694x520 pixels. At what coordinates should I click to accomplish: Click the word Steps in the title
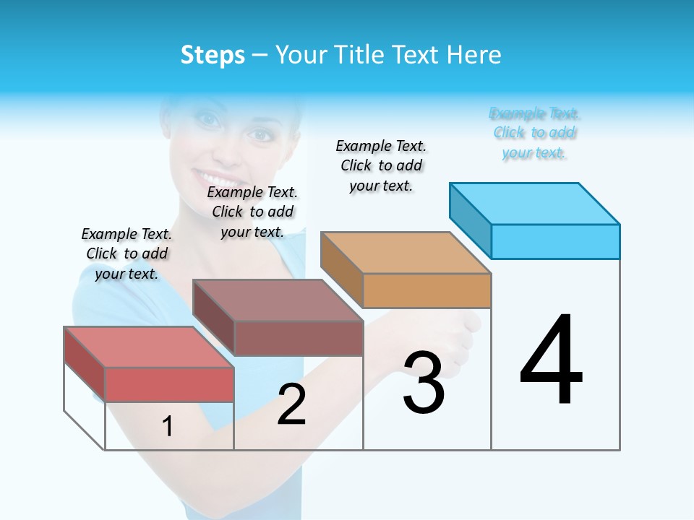(x=213, y=55)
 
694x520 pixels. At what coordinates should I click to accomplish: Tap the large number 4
(x=552, y=361)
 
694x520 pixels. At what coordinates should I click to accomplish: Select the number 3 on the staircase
(x=424, y=383)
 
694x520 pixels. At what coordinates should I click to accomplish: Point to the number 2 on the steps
(x=291, y=404)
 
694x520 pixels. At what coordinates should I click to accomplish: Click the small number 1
(x=168, y=427)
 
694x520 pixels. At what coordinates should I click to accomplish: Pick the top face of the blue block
(x=535, y=203)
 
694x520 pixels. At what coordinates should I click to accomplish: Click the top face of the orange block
(x=406, y=252)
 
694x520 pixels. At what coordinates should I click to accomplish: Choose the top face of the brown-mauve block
(x=278, y=300)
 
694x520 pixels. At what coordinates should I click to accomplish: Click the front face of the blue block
(x=555, y=241)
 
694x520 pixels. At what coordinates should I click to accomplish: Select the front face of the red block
(x=169, y=384)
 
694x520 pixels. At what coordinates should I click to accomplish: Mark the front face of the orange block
(x=427, y=290)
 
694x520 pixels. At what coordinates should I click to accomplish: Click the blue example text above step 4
(x=534, y=133)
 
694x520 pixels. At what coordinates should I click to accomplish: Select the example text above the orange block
(x=381, y=165)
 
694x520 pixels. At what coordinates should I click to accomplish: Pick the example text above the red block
(x=127, y=253)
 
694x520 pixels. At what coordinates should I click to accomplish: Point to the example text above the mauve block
(x=252, y=212)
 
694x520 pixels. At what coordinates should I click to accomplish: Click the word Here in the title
(x=476, y=55)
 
